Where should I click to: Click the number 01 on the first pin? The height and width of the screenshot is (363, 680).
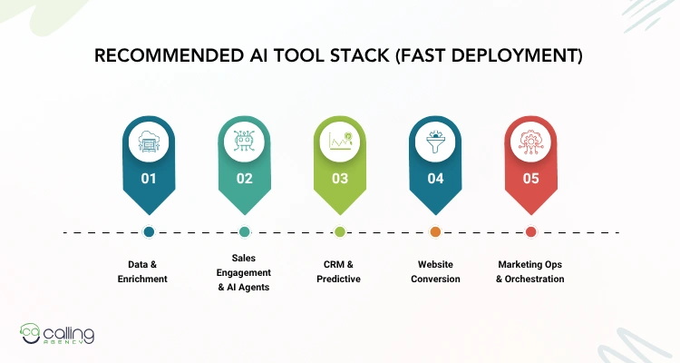pyautogui.click(x=149, y=179)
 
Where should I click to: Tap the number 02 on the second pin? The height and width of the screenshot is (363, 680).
pyautogui.click(x=245, y=179)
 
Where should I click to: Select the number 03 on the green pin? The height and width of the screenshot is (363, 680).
pyautogui.click(x=340, y=179)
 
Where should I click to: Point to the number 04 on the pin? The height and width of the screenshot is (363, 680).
pyautogui.click(x=435, y=179)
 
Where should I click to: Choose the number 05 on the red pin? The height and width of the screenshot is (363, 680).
pyautogui.click(x=530, y=179)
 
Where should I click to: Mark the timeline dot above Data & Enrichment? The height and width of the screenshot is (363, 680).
pyautogui.click(x=149, y=232)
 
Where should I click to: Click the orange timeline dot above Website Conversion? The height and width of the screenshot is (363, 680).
pyautogui.click(x=435, y=232)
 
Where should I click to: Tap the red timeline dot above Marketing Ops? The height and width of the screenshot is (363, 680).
pyautogui.click(x=530, y=232)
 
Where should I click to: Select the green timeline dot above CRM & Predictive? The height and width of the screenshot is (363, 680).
pyautogui.click(x=340, y=232)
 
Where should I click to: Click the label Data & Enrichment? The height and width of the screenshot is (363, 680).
pyautogui.click(x=149, y=271)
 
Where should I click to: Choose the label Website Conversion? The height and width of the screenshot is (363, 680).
pyautogui.click(x=435, y=271)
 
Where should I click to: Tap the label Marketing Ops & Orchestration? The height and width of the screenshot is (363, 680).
pyautogui.click(x=530, y=271)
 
